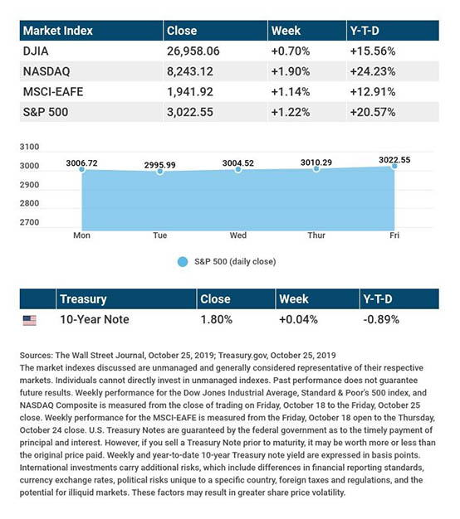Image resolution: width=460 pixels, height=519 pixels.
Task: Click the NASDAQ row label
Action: tap(46, 71)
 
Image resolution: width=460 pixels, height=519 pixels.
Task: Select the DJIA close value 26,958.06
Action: tap(193, 51)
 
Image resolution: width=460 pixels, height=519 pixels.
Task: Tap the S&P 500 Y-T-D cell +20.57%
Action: tap(373, 112)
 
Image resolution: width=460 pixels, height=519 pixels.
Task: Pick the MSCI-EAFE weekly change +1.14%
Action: tap(291, 92)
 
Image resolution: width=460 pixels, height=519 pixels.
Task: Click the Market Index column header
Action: tap(57, 31)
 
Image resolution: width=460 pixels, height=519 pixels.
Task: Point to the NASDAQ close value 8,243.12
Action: tap(190, 71)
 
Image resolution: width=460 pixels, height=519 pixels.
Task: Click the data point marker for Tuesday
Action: tap(160, 172)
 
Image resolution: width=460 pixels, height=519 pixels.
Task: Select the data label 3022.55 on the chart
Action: tap(394, 160)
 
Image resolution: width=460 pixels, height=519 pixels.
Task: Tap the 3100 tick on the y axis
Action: tap(30, 147)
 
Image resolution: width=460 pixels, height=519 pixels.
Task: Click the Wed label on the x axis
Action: tap(238, 235)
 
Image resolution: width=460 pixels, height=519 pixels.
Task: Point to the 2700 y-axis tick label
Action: tap(30, 222)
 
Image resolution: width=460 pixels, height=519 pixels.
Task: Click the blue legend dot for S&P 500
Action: tap(183, 262)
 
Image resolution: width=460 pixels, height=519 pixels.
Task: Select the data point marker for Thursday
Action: tap(316, 169)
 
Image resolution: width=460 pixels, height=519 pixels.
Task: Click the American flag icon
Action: tap(30, 320)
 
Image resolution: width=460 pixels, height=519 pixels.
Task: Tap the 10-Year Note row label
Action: tap(95, 319)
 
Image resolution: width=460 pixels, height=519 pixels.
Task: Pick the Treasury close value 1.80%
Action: tap(217, 319)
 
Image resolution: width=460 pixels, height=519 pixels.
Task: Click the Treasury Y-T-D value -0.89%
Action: tap(381, 319)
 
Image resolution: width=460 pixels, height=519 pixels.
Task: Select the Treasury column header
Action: tap(83, 299)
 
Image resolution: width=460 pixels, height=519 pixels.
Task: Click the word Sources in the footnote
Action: tap(37, 356)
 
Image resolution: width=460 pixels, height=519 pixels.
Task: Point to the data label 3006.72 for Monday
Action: tap(82, 163)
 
